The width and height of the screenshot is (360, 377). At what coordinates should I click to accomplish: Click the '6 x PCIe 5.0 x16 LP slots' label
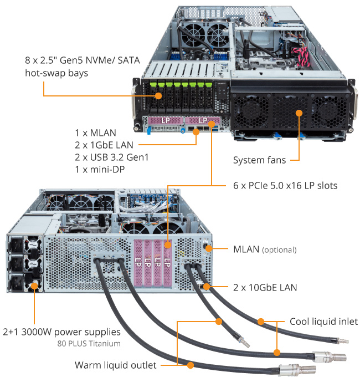click(x=281, y=184)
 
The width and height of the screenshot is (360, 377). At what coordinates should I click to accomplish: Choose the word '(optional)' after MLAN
click(x=279, y=250)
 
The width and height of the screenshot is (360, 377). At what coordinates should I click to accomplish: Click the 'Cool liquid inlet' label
click(x=323, y=322)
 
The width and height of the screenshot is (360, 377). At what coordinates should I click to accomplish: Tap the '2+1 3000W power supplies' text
click(x=61, y=332)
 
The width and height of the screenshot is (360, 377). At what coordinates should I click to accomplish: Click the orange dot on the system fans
click(x=299, y=113)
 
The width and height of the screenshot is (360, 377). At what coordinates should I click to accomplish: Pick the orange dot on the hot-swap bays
click(x=159, y=95)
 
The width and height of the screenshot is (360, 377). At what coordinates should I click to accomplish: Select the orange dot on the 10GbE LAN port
click(x=207, y=287)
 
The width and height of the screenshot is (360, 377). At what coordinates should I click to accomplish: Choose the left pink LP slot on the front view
click(x=165, y=120)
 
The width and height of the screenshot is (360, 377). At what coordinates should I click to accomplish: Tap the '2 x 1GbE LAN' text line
click(x=102, y=145)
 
